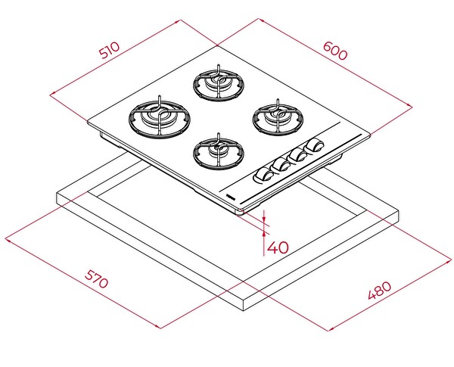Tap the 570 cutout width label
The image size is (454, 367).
coord(96,281)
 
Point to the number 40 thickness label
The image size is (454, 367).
coord(278,247)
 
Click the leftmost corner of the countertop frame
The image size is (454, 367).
coord(57,198)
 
